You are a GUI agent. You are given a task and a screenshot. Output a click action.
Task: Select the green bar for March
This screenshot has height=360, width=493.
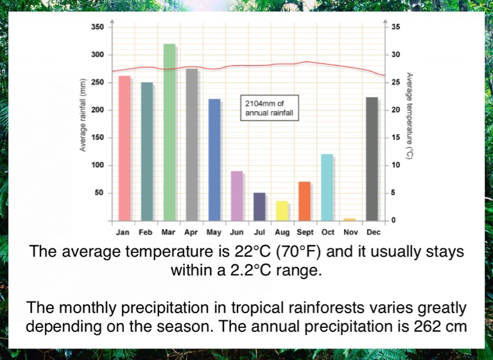[x=169, y=132]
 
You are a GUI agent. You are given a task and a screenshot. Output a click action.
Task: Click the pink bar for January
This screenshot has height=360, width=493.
[x=125, y=148]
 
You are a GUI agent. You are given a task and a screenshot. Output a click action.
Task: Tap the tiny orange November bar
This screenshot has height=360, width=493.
[x=349, y=219]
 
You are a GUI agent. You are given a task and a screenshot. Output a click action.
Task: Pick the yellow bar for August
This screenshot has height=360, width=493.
[x=282, y=211]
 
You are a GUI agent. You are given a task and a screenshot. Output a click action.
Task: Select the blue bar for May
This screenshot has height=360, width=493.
[x=214, y=160]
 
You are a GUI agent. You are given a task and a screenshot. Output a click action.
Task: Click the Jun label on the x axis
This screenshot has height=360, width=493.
[x=237, y=232]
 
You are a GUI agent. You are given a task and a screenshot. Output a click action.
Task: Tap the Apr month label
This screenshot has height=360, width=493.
[x=191, y=232]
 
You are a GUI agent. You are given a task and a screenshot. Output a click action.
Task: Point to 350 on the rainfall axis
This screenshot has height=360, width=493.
[x=97, y=27]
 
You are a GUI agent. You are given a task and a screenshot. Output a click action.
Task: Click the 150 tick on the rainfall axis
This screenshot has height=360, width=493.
[x=97, y=138]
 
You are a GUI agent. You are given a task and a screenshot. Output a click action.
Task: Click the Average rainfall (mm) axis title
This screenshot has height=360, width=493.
[x=83, y=116]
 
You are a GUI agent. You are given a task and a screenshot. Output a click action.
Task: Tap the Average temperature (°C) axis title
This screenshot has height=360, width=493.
[x=409, y=116]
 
